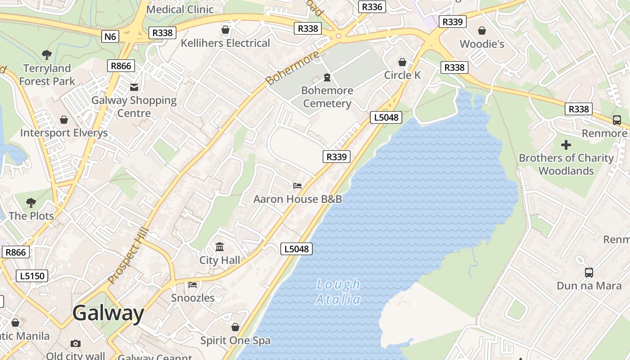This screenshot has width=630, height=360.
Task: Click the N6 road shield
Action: pos(110,36)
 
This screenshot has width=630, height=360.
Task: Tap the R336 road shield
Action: pos(372,7)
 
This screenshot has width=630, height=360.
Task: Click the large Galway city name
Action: pos(108,313)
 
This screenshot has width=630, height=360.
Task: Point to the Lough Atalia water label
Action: pos(338,292)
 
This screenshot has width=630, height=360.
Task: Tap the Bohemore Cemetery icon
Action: pos(327,77)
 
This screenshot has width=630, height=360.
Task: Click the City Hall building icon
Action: pos(220,247)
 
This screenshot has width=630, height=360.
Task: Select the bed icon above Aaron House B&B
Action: pos(297,185)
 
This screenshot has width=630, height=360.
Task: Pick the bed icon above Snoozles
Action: pos(193,284)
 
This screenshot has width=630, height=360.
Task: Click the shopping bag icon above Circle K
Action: pos(402,62)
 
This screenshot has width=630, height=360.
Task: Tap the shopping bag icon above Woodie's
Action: pos(482,31)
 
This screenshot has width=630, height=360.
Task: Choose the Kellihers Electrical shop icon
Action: pos(225,30)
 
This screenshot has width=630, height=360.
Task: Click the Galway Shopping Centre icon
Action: pos(134,87)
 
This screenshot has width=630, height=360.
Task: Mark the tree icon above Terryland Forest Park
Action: pos(47,55)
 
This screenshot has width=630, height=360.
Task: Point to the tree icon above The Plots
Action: pos(31,202)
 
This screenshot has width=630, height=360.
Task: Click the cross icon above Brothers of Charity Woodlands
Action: pos(566,145)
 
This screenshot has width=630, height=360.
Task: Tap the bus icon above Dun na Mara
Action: pos(589,272)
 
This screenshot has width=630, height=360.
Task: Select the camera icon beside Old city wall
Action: pos(76,344)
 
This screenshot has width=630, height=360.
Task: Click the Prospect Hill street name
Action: pos(128,256)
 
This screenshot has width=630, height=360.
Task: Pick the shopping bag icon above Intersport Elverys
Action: pos(64,120)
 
